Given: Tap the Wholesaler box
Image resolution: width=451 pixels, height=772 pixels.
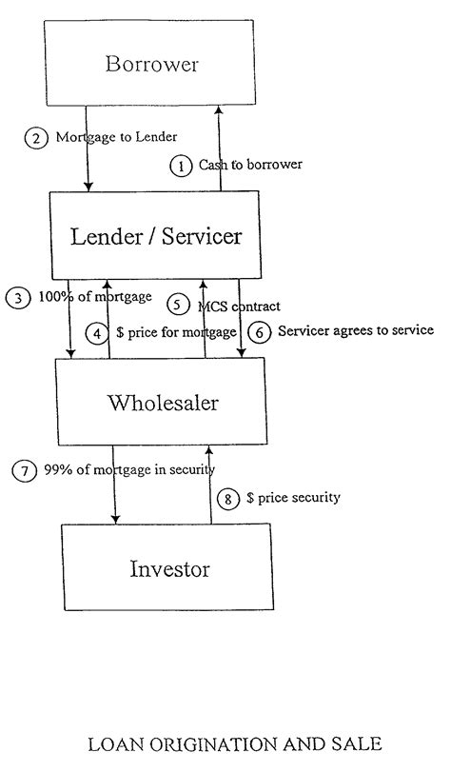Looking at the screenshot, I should pyautogui.click(x=163, y=402).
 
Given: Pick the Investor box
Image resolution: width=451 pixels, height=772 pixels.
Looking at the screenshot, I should pyautogui.click(x=168, y=569).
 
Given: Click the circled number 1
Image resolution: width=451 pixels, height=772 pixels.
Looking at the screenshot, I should pyautogui.click(x=181, y=166).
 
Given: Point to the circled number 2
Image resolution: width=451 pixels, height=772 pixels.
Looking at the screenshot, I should pyautogui.click(x=36, y=137).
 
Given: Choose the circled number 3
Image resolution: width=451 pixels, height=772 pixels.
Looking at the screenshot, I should pyautogui.click(x=17, y=297).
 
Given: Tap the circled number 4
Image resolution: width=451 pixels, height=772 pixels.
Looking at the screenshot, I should pyautogui.click(x=98, y=333).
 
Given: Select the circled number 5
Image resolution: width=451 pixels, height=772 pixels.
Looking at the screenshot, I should pyautogui.click(x=178, y=306).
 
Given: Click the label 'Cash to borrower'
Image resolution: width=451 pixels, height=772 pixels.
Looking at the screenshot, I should pyautogui.click(x=250, y=165).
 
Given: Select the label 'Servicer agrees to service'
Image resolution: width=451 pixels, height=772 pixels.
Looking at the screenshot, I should pyautogui.click(x=355, y=331).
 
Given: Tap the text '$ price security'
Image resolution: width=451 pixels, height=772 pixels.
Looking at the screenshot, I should pyautogui.click(x=292, y=498).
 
